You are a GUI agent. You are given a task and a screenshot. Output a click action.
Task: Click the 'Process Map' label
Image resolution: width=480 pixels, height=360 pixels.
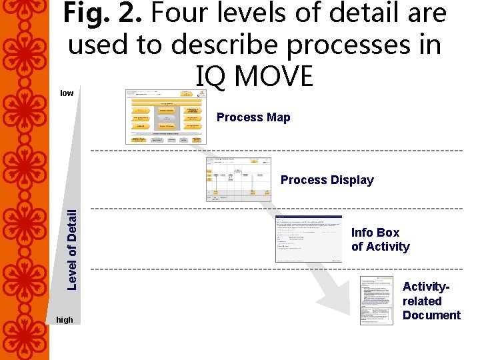click(x=253, y=117)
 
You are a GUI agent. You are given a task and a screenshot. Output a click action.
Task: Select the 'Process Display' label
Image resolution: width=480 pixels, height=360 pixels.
click(x=327, y=180)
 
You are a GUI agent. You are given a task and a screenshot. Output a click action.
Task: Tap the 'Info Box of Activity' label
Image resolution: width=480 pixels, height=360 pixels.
click(x=380, y=239)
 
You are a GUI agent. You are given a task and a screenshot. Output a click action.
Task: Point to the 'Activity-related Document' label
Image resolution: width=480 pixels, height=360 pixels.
click(x=431, y=301)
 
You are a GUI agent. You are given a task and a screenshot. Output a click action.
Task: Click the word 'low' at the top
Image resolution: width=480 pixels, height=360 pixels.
click(x=67, y=93)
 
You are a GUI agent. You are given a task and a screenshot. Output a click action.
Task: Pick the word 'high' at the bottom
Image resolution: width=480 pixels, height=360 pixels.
click(x=65, y=320)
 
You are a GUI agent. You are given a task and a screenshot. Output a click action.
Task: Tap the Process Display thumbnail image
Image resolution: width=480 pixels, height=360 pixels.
click(x=238, y=179)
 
